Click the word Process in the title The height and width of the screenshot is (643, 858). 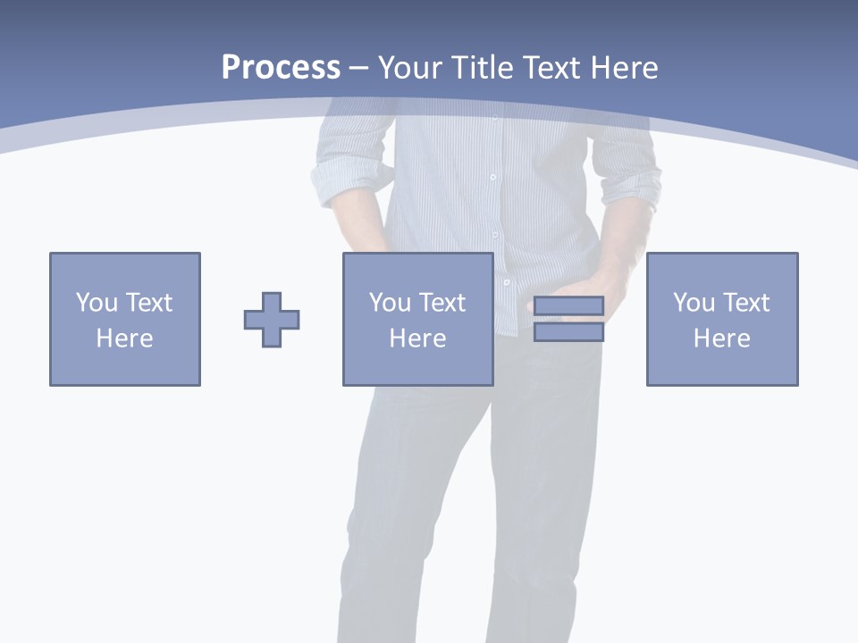[x=281, y=68]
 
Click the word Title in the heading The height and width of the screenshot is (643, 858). [x=484, y=68]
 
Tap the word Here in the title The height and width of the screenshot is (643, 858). [x=625, y=68]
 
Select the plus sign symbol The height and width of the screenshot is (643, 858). [x=272, y=320]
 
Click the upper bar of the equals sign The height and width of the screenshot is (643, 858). [x=568, y=306]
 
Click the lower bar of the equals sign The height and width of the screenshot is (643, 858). [x=568, y=332]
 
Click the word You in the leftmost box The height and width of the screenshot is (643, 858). [x=97, y=303]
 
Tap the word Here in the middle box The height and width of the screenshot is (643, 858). [x=417, y=338]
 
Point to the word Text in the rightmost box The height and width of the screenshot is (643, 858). [x=745, y=303]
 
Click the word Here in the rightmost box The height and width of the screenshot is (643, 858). [x=722, y=338]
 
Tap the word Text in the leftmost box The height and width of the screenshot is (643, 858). [x=148, y=303]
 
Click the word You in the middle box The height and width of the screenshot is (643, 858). [x=390, y=303]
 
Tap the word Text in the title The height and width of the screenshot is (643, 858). [x=553, y=68]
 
